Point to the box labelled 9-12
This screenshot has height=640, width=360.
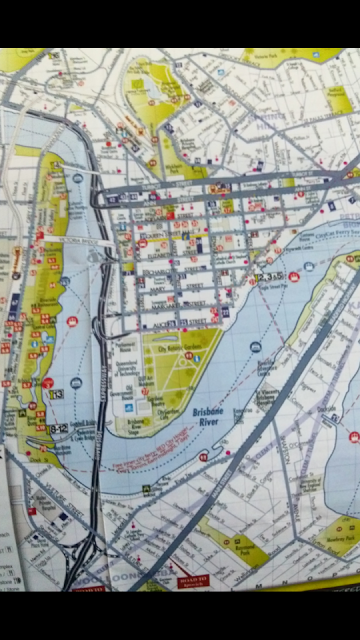tap(57, 429)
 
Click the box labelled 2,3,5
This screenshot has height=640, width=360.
tap(268, 277)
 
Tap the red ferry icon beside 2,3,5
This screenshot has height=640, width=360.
tap(294, 275)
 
